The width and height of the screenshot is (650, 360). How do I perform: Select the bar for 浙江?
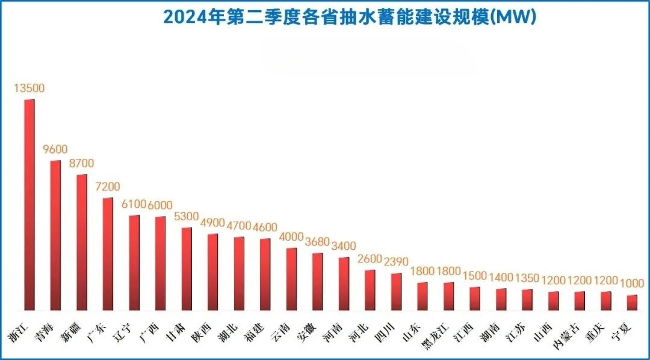click(x=29, y=205)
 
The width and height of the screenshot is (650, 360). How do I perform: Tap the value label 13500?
click(x=29, y=88)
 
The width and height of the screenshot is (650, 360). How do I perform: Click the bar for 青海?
click(x=55, y=235)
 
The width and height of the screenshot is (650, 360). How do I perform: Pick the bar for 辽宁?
click(x=134, y=262)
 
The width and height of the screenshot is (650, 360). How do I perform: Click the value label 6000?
click(x=159, y=205)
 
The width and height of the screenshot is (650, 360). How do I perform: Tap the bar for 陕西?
click(x=212, y=272)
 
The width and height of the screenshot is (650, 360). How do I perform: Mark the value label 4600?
click(x=264, y=227)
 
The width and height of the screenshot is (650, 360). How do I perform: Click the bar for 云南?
click(x=291, y=279)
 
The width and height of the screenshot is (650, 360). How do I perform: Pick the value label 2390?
click(x=396, y=262)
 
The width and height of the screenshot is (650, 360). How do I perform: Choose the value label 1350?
click(x=527, y=278)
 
